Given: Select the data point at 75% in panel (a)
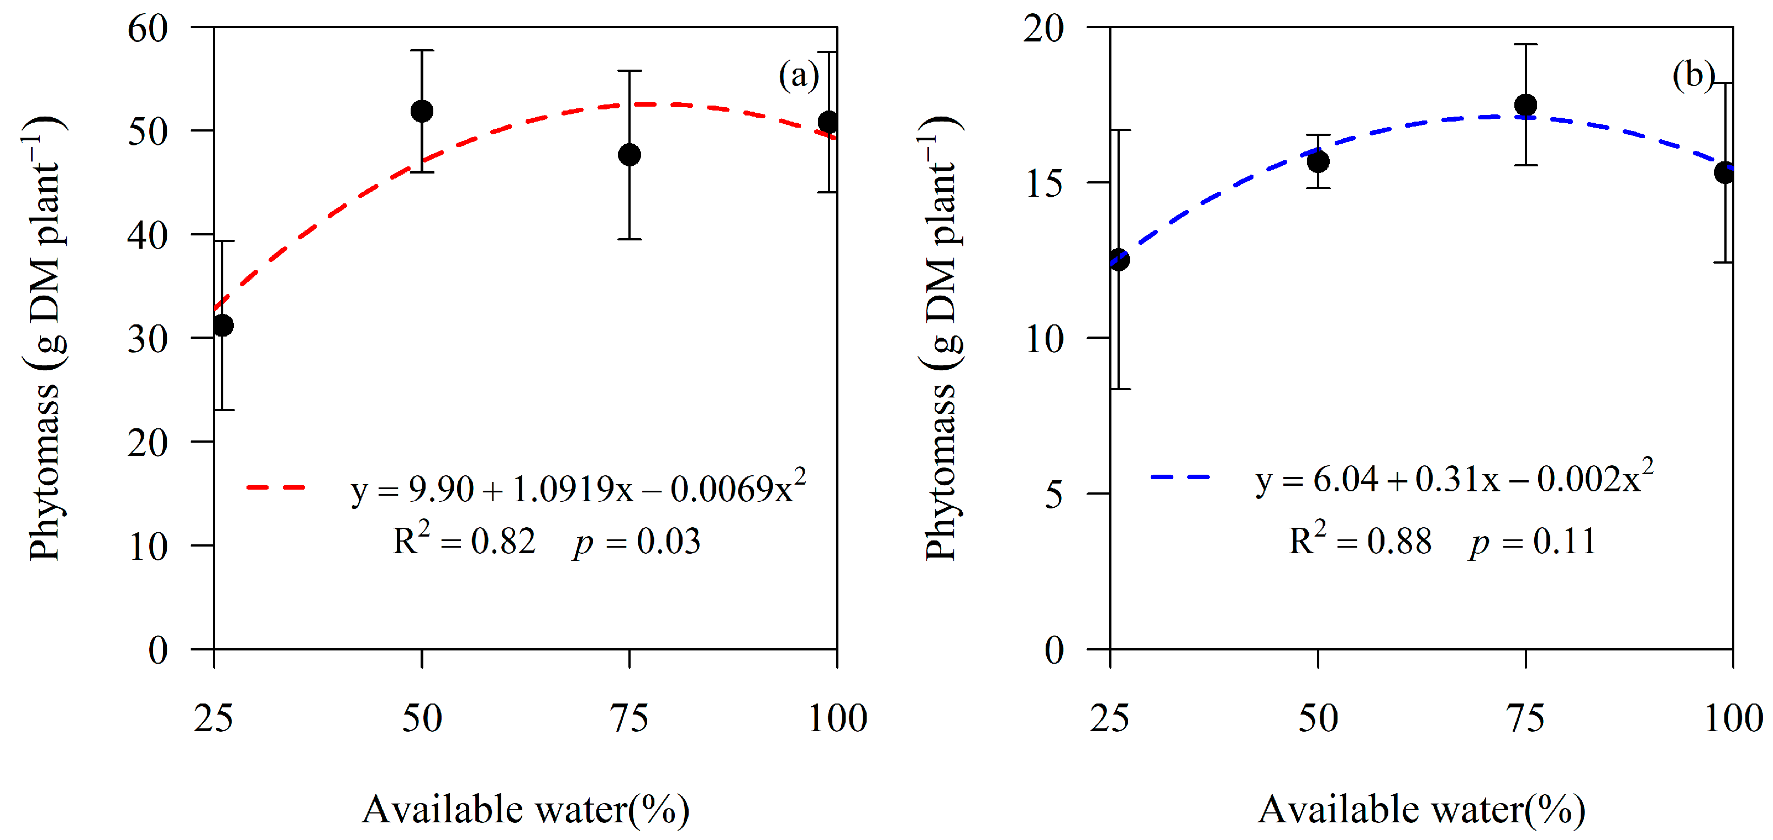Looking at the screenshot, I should tap(629, 155).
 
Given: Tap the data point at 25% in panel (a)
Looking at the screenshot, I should tap(223, 326).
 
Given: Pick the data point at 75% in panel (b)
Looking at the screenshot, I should tap(1526, 105).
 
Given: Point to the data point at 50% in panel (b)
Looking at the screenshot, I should tap(1318, 162).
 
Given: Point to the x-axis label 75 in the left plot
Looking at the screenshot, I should tap(629, 718).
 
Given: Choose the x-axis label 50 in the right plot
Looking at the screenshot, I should tap(1318, 718).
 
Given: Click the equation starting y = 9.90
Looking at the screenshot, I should tap(578, 489).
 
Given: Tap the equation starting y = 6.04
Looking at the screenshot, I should tap(1454, 478).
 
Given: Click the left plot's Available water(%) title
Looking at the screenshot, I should tap(525, 809).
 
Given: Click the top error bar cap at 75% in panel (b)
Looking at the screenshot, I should tap(1526, 45).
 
